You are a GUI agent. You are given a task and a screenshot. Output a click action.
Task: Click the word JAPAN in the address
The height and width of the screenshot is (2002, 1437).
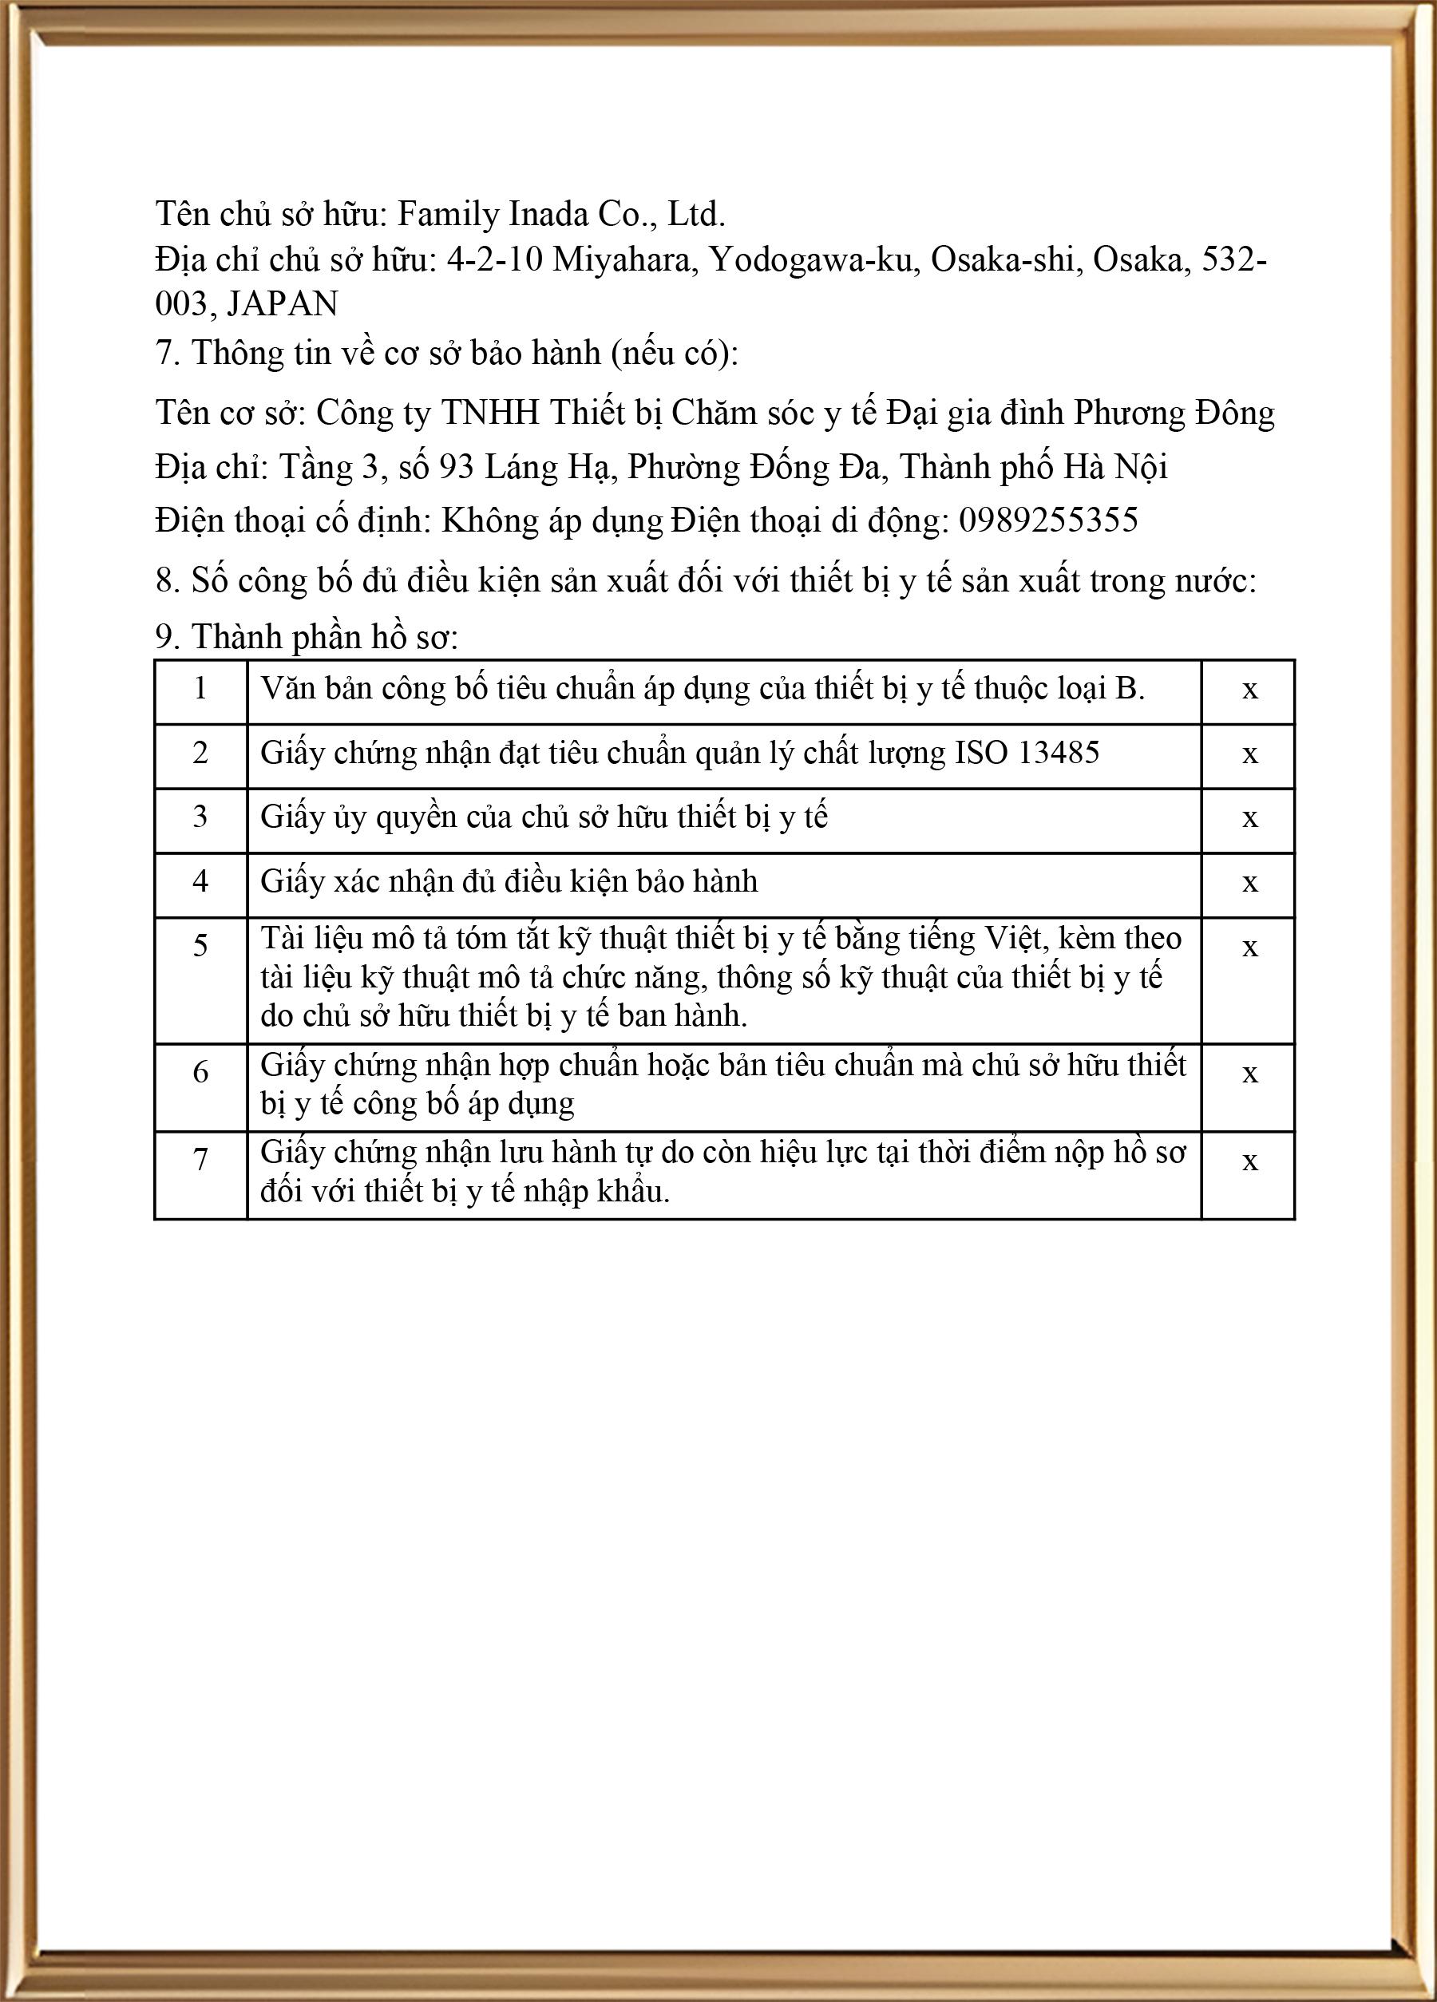[283, 303]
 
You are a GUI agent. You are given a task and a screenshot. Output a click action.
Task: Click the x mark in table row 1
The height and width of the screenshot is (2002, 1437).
[1249, 690]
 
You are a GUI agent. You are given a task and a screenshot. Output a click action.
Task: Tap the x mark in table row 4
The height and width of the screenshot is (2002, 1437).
[1249, 883]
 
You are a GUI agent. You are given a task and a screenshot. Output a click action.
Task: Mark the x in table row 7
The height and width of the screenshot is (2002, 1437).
[1249, 1161]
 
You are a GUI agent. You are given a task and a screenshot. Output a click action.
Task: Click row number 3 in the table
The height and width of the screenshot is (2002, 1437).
[200, 817]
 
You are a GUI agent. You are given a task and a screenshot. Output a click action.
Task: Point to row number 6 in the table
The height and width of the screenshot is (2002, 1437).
[200, 1073]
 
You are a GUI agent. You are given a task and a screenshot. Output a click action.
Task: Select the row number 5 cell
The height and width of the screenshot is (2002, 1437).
[200, 946]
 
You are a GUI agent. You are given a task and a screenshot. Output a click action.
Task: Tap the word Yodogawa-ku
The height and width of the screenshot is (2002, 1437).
[810, 259]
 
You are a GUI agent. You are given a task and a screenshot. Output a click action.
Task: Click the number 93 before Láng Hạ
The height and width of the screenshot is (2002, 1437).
[457, 467]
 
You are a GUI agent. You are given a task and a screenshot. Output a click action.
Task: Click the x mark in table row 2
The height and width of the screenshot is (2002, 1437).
[1249, 754]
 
